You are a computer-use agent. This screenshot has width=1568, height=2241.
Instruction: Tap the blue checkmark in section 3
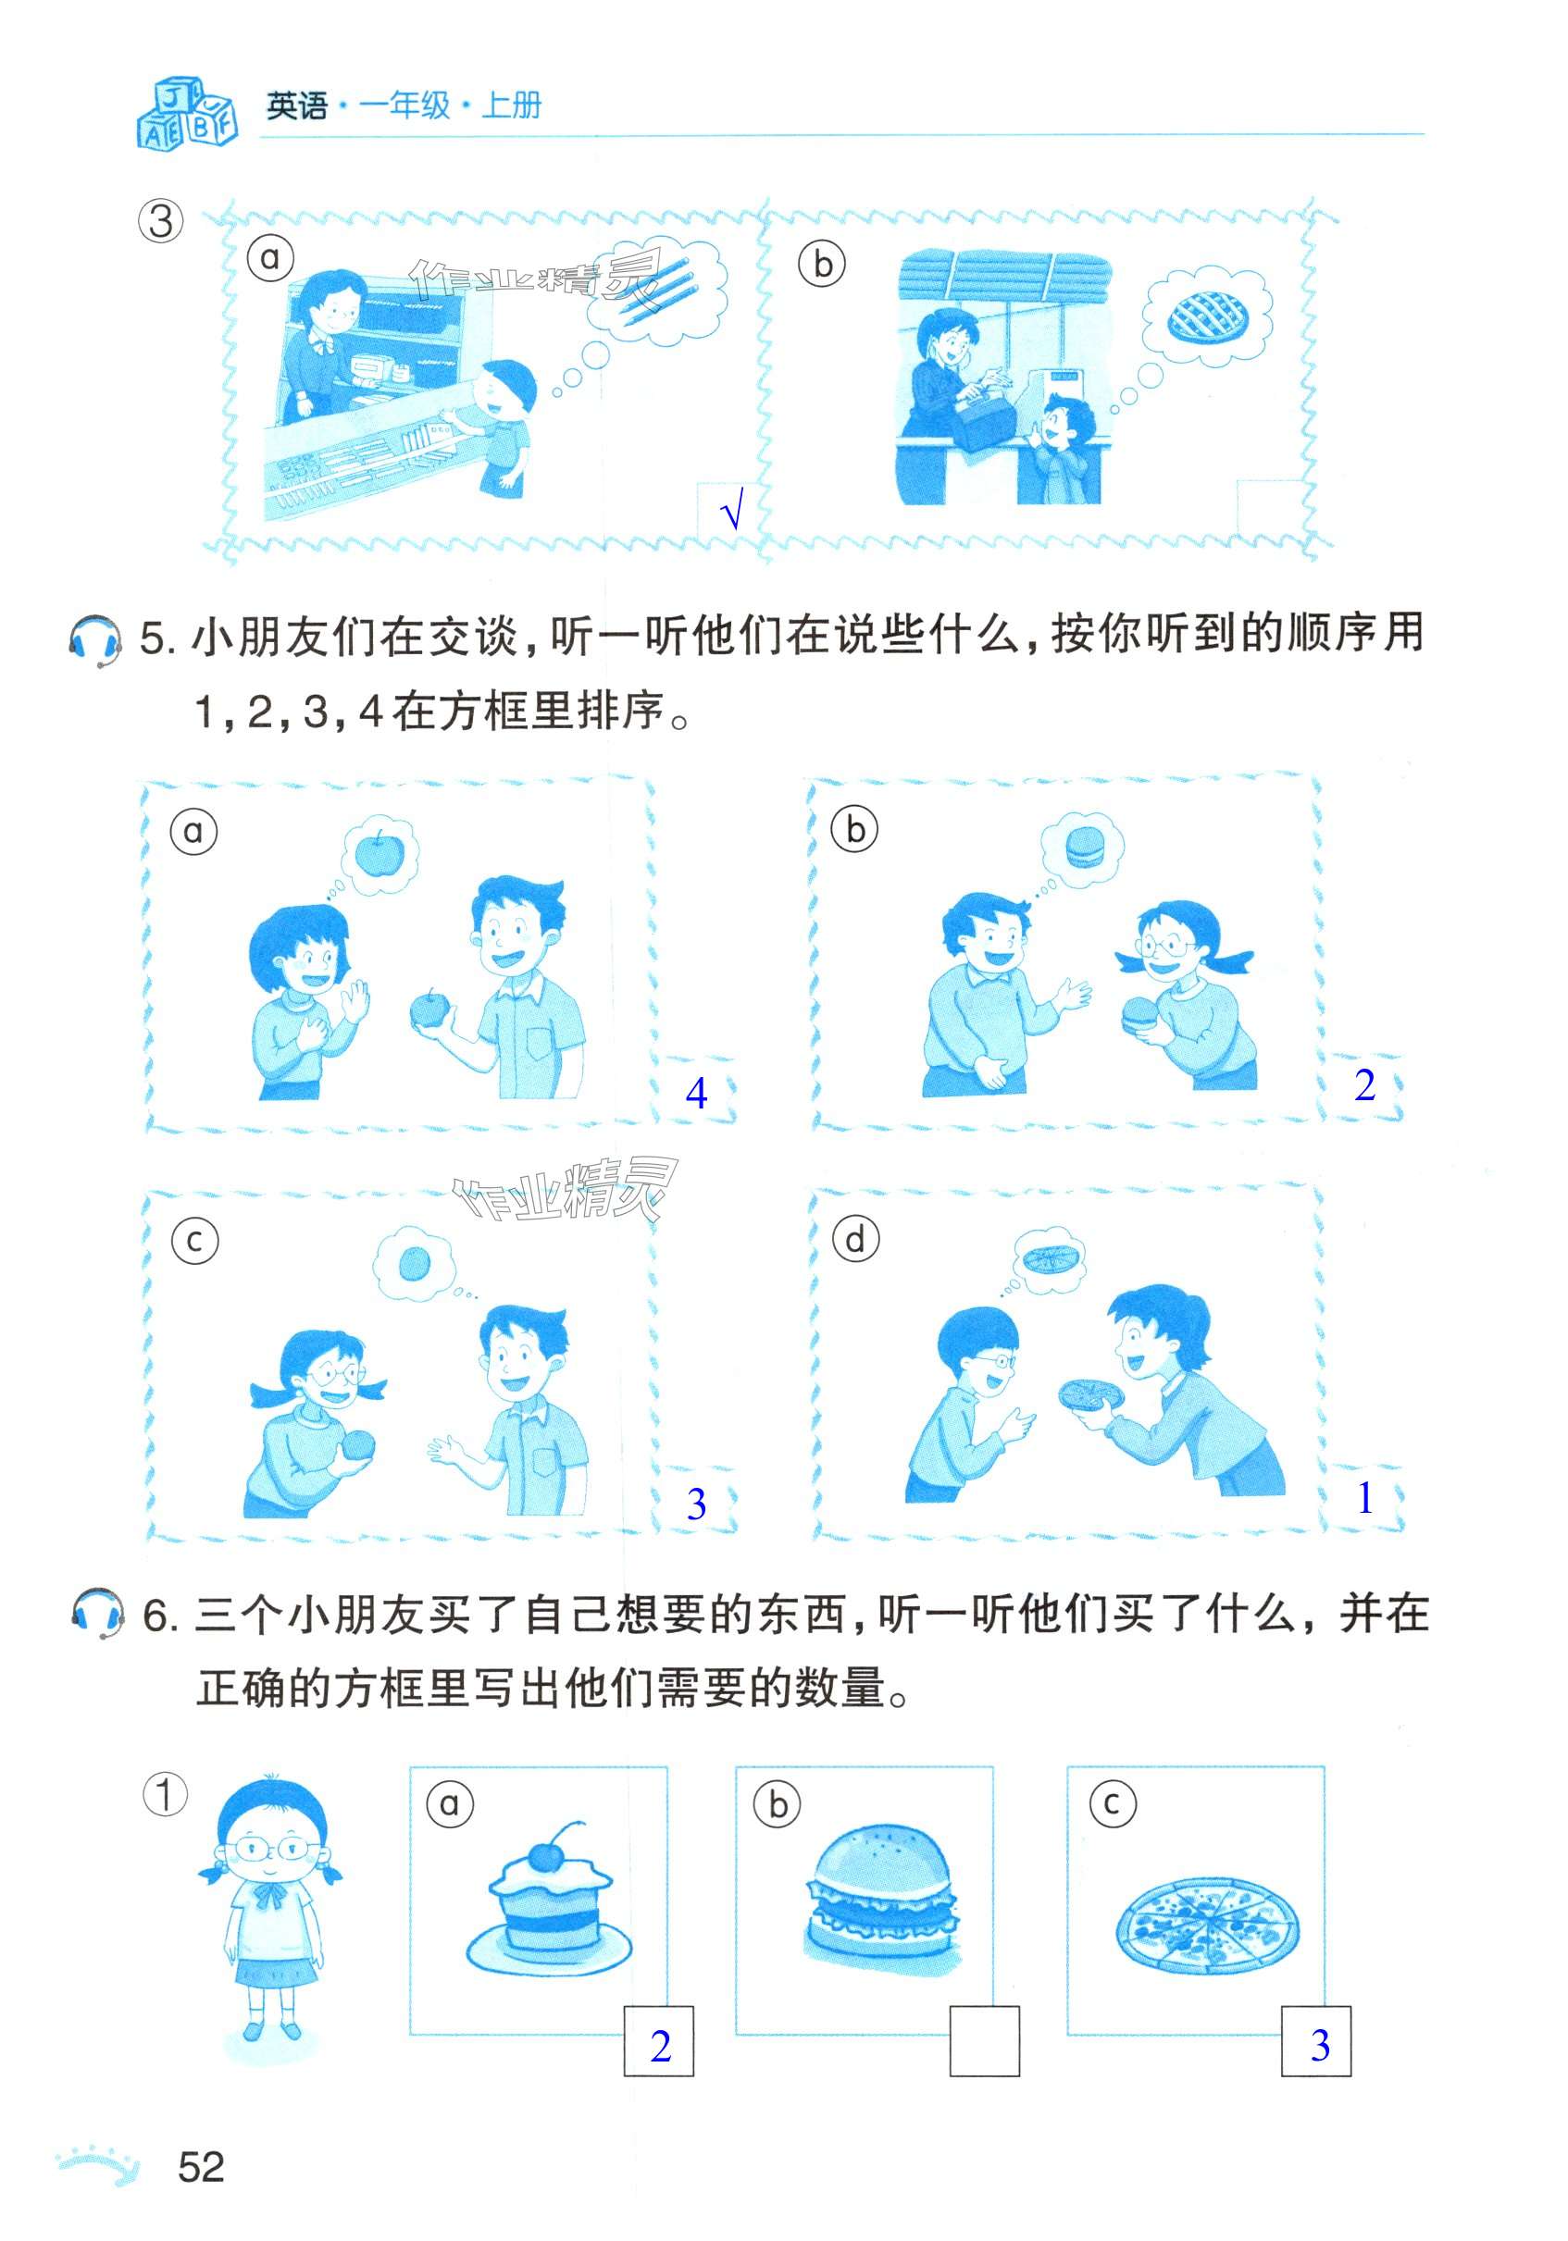tap(731, 510)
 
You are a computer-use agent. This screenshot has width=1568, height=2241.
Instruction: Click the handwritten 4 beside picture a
tap(696, 1093)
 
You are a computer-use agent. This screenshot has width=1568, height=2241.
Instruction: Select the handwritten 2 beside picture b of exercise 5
tap(1365, 1085)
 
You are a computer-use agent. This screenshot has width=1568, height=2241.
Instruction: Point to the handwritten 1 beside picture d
tap(1365, 1498)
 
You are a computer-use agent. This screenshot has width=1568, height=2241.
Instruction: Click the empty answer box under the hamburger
tap(984, 2041)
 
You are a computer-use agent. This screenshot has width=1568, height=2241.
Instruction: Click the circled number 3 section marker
tap(161, 221)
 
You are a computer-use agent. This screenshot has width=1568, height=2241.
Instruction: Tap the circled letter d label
tap(855, 1240)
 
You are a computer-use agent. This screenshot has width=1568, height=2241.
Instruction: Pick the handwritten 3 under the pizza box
tap(1320, 2045)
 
